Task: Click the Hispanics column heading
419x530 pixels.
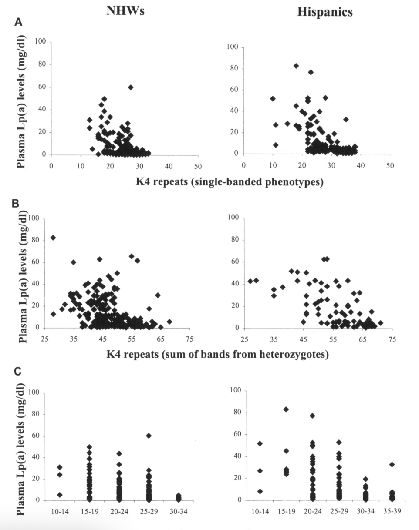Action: tap(324, 12)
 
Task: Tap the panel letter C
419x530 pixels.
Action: tap(18, 371)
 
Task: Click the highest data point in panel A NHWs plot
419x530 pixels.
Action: tap(131, 87)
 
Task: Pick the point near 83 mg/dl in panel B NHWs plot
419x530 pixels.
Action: tap(53, 238)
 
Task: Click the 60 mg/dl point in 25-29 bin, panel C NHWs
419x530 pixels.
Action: tap(149, 435)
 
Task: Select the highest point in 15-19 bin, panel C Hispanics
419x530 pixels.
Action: tap(286, 409)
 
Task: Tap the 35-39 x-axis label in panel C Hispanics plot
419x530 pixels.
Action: tap(392, 511)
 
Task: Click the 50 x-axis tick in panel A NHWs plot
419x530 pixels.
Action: tap(198, 165)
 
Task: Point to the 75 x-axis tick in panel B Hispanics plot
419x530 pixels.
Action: tap(392, 339)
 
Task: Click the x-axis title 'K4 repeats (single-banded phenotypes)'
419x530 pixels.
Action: tap(230, 182)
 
